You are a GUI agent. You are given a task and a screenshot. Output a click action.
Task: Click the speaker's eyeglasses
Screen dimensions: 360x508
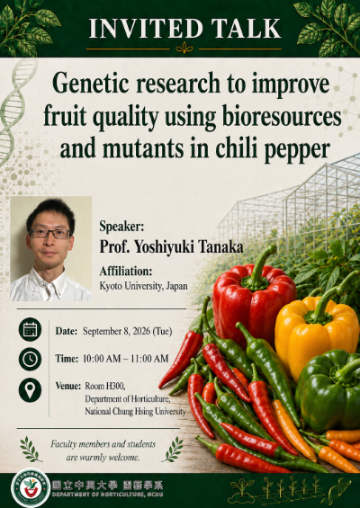point(49,233)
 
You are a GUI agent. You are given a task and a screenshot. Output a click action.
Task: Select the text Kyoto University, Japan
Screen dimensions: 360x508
point(143,286)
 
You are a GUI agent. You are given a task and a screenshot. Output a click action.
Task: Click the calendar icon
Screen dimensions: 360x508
point(30,330)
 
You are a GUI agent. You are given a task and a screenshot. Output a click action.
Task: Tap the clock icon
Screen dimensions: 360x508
point(30,359)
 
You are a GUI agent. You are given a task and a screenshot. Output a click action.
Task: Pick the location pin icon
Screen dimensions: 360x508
point(30,390)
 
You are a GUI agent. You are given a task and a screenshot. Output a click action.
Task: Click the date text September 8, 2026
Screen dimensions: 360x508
point(116,331)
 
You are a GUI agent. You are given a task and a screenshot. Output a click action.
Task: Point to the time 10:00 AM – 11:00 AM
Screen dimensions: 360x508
point(125,359)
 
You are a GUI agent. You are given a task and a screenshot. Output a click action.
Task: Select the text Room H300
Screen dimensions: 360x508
point(105,387)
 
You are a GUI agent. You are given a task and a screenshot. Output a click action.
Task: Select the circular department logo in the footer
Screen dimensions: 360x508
point(31,487)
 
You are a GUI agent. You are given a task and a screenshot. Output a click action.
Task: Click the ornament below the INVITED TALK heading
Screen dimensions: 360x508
point(184,49)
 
